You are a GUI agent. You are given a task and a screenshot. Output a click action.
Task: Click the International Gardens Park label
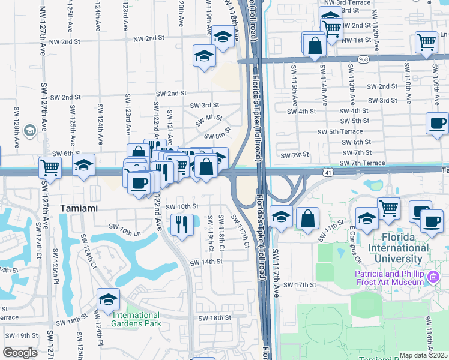coord(136,319)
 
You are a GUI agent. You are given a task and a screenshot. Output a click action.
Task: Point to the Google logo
coord(20,353)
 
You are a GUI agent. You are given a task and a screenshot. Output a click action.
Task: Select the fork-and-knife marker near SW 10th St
coord(181,224)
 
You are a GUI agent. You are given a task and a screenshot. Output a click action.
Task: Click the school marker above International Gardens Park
coord(108,299)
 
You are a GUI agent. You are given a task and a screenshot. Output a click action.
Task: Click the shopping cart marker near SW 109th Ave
coord(426,43)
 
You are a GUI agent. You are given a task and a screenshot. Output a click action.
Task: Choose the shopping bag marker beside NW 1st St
coord(315,44)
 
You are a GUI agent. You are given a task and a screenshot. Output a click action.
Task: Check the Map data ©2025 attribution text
coord(423,355)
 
